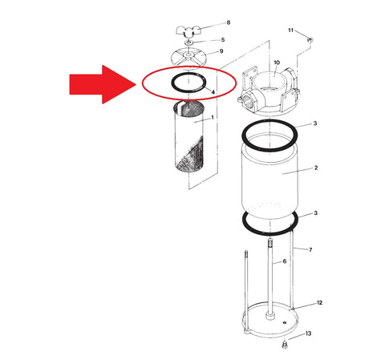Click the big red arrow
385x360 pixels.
(103, 84)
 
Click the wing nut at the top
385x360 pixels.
(188, 30)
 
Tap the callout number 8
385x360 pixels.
(229, 22)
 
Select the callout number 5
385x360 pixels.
(223, 40)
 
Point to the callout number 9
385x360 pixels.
(221, 51)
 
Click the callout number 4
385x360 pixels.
(213, 92)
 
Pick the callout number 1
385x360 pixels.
(213, 117)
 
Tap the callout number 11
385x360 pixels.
(291, 30)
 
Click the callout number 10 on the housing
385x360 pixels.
(277, 63)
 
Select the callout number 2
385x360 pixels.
(316, 168)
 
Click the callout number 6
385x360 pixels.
(285, 261)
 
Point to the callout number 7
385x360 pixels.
(310, 249)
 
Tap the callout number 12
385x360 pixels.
(319, 302)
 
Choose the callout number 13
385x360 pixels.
(308, 334)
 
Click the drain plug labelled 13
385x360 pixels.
(285, 345)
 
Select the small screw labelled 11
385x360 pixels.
(310, 40)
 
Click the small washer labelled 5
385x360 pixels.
(188, 42)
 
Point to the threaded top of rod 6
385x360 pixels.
(270, 243)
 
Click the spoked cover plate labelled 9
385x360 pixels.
(189, 56)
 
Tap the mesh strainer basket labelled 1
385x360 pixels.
(188, 136)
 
